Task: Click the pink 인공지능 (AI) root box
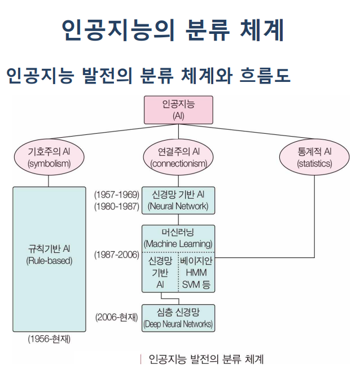179,110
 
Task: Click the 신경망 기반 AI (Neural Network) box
178,200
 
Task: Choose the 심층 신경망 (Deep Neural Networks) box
178,318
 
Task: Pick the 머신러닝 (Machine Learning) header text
178,238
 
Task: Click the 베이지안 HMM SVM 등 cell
196,273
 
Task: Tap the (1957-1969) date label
117,195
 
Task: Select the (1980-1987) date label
117,206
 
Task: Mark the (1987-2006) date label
117,255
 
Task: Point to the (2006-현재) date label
117,317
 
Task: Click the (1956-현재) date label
49,340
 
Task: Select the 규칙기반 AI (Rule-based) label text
49,255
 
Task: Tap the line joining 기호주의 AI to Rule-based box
49,179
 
